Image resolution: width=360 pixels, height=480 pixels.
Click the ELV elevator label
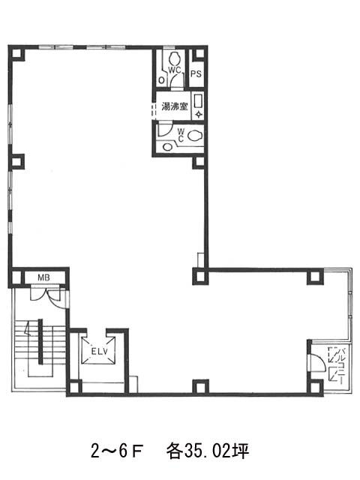pyautogui.click(x=100, y=351)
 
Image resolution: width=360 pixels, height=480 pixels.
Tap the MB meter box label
pyautogui.click(x=43, y=277)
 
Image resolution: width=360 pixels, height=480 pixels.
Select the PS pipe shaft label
pyautogui.click(x=196, y=73)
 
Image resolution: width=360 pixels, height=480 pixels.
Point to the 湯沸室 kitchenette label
pyautogui.click(x=175, y=106)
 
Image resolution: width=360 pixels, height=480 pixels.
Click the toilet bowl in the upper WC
pyautogui.click(x=175, y=58)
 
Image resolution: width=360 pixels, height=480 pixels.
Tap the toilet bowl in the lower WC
pyautogui.click(x=195, y=135)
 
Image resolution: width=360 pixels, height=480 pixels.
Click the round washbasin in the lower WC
pyautogui.click(x=167, y=147)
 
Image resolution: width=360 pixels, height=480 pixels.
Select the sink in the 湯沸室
pyautogui.click(x=197, y=101)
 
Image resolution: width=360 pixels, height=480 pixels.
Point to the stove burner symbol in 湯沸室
pyautogui.click(x=199, y=115)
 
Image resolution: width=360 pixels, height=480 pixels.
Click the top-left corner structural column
pyautogui.click(x=16, y=54)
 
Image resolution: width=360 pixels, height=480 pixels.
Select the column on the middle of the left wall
pyautogui.click(x=16, y=161)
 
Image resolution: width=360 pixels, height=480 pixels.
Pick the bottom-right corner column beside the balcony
pyautogui.click(x=315, y=387)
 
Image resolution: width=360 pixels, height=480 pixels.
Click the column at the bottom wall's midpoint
pyautogui.click(x=200, y=387)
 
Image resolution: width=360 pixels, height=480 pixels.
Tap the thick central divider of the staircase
pyautogui.click(x=40, y=342)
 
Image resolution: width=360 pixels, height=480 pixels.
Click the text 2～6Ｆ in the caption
pyautogui.click(x=117, y=451)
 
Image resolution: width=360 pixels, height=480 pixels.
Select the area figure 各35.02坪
pyautogui.click(x=208, y=451)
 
